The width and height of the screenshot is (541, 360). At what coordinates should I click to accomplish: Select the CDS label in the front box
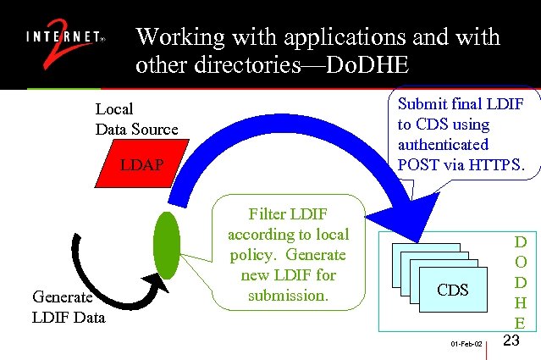click(453, 290)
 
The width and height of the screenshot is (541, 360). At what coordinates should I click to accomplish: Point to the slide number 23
click(511, 341)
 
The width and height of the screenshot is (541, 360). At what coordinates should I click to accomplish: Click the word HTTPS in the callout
click(495, 165)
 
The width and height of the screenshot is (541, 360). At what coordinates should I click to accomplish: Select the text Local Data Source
click(135, 119)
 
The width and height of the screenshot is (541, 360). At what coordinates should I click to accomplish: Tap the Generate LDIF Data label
click(69, 307)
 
